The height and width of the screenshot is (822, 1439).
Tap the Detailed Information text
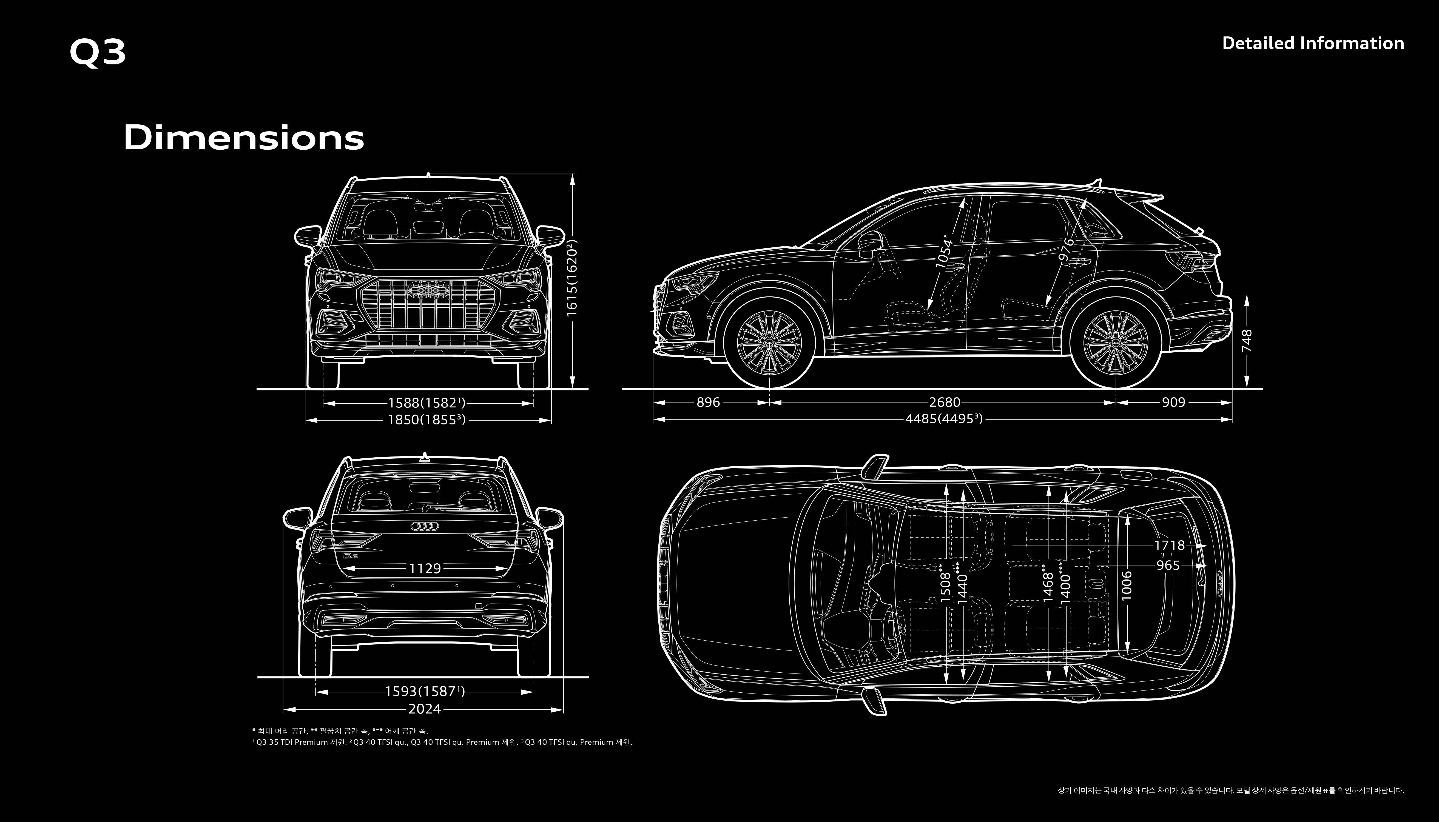point(1312,44)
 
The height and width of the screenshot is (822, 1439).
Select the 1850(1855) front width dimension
point(426,419)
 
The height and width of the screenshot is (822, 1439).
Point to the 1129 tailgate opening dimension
point(425,568)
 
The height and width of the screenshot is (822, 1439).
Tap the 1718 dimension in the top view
point(1169,545)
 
